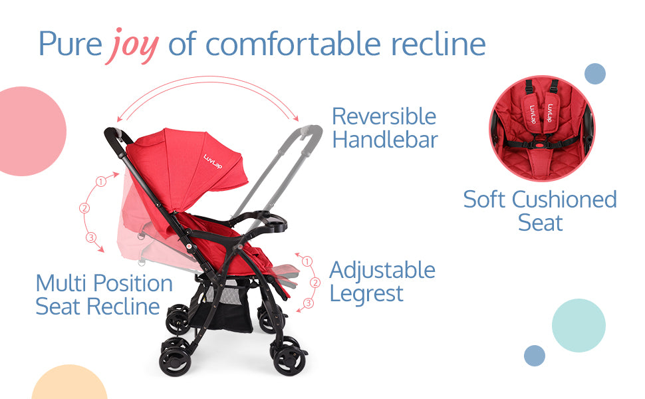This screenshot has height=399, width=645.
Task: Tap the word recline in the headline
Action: pyautogui.click(x=438, y=44)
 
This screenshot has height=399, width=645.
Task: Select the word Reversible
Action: pyautogui.click(x=384, y=116)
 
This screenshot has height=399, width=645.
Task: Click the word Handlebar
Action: pyautogui.click(x=385, y=140)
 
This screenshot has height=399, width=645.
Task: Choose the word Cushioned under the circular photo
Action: pyautogui.click(x=565, y=199)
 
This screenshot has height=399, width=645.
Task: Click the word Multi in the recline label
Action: pyautogui.click(x=62, y=283)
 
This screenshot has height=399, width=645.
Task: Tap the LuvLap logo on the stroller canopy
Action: pyautogui.click(x=213, y=162)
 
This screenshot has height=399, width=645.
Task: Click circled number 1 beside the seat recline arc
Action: pyautogui.click(x=101, y=182)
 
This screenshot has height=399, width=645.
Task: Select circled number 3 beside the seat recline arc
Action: pyautogui.click(x=91, y=237)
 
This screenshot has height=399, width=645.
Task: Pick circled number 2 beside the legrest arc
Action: pyautogui.click(x=315, y=283)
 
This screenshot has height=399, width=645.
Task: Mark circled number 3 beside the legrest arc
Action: pyautogui.click(x=308, y=303)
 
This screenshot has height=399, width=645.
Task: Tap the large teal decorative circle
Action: pyautogui.click(x=579, y=325)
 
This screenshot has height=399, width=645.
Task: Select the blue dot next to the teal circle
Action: pyautogui.click(x=535, y=356)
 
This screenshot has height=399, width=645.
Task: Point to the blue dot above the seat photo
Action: pyautogui.click(x=595, y=74)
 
